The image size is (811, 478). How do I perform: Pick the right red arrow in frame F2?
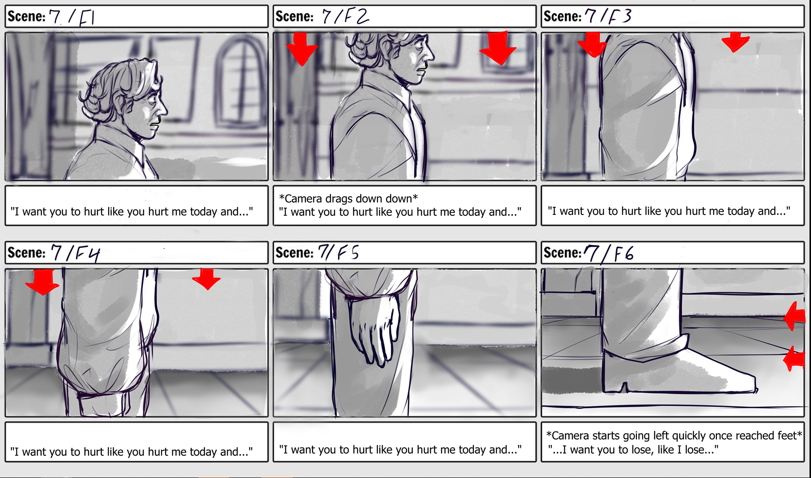point(498,48)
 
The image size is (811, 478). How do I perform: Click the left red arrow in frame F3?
point(593,44)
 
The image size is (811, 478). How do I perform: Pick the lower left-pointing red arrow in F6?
point(794,359)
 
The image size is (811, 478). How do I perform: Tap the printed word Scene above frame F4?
point(26,253)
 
